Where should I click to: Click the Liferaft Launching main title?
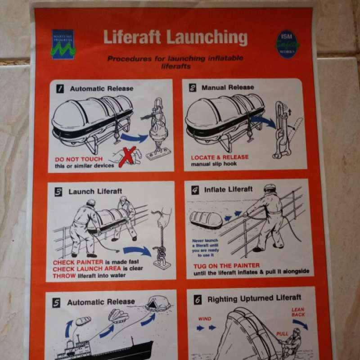click(175, 37)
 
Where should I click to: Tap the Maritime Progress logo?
click(63, 45)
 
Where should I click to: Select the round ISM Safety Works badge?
click(288, 44)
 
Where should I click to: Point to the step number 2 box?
click(192, 87)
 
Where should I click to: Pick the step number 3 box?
click(58, 192)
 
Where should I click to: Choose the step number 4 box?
click(195, 190)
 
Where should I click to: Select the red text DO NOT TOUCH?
click(79, 159)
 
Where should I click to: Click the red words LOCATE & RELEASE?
click(220, 157)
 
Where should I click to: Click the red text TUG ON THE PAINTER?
click(226, 265)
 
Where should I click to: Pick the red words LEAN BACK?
click(298, 312)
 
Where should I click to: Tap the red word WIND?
click(205, 319)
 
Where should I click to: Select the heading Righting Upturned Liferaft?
click(254, 298)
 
